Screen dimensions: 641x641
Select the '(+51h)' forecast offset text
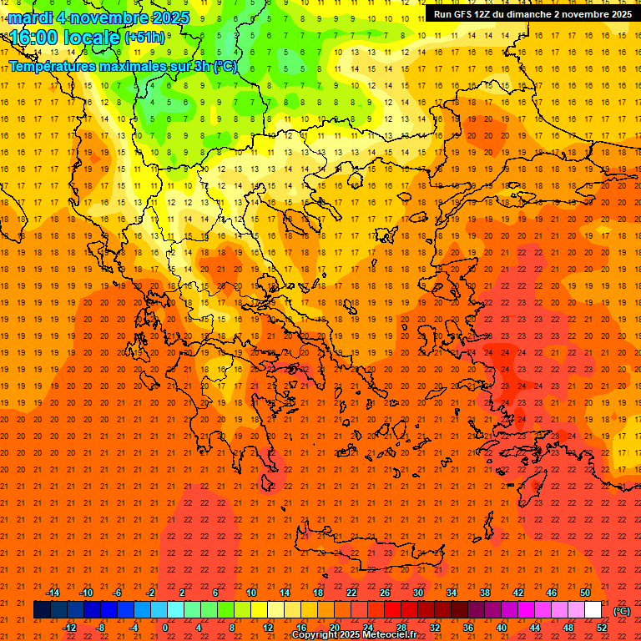(145, 38)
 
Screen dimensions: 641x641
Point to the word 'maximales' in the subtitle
(134, 66)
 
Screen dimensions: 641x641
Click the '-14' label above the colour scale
(53, 593)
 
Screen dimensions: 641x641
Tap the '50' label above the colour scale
(585, 593)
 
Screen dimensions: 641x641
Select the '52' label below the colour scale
(602, 627)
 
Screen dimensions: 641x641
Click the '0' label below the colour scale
(165, 627)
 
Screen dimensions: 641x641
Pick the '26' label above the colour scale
(385, 593)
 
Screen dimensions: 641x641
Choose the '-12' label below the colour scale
(69, 627)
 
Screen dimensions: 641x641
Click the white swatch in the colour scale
(593, 610)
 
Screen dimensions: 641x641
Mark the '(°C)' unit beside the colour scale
(622, 610)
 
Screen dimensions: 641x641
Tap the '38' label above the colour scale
(485, 593)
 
